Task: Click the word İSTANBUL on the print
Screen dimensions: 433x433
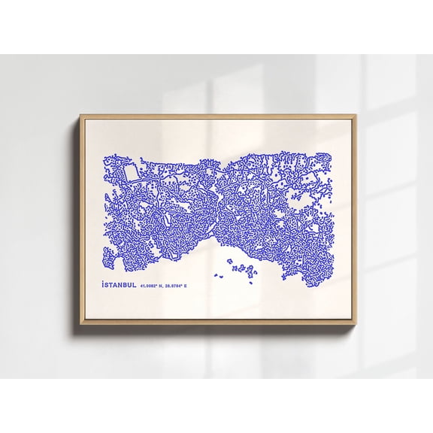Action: point(120,286)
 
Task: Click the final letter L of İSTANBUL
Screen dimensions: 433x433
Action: point(135,286)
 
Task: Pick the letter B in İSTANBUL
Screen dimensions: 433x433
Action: point(125,286)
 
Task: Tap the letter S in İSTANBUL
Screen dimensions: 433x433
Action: point(107,286)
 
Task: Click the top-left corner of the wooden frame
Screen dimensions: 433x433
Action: point(80,116)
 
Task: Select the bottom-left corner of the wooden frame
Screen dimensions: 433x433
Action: point(80,324)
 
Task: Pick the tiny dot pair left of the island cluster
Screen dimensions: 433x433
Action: point(218,275)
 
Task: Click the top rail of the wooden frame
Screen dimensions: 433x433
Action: point(218,117)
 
